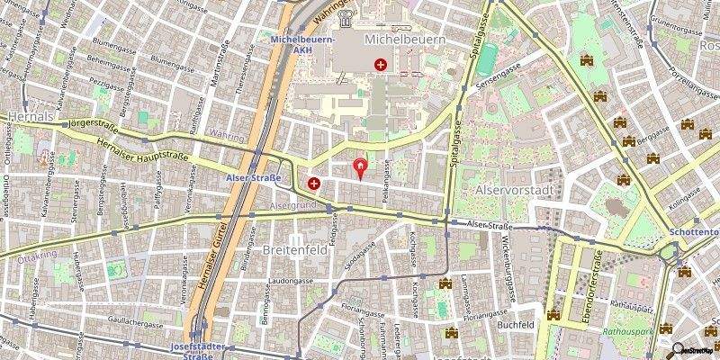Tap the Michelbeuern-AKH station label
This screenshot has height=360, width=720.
[x=303, y=45]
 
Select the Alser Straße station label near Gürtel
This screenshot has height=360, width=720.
[x=254, y=178]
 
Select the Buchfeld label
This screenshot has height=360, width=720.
[x=517, y=324]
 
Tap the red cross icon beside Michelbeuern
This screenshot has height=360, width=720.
[x=382, y=65]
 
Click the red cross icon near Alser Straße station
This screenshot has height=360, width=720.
[x=314, y=184]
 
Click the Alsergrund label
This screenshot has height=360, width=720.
[x=290, y=205]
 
